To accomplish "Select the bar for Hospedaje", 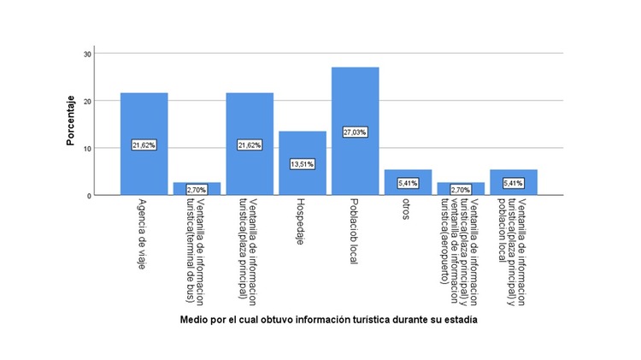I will pyautogui.click(x=302, y=180).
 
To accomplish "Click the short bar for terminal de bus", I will pyautogui.click(x=197, y=192).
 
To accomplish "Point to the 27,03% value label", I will pyautogui.click(x=355, y=133).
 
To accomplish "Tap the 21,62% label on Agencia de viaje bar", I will pyautogui.click(x=144, y=145).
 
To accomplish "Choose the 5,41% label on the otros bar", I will pyautogui.click(x=408, y=183).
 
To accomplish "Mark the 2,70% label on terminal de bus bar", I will pyautogui.click(x=197, y=189).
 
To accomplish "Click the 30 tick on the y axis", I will pyautogui.click(x=87, y=54).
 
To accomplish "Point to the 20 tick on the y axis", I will pyautogui.click(x=87, y=101).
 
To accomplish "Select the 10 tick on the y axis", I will pyautogui.click(x=87, y=148).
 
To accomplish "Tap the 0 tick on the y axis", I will pyautogui.click(x=89, y=196).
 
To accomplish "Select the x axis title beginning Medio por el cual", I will pyautogui.click(x=328, y=321).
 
